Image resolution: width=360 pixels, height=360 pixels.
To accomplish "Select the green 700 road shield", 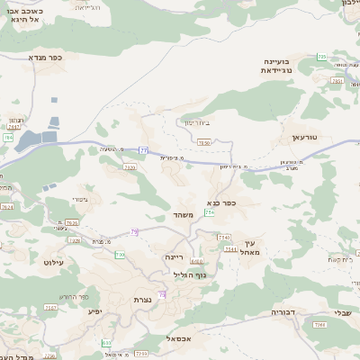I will [120, 256].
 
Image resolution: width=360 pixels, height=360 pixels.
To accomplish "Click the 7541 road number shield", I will [229, 248].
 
